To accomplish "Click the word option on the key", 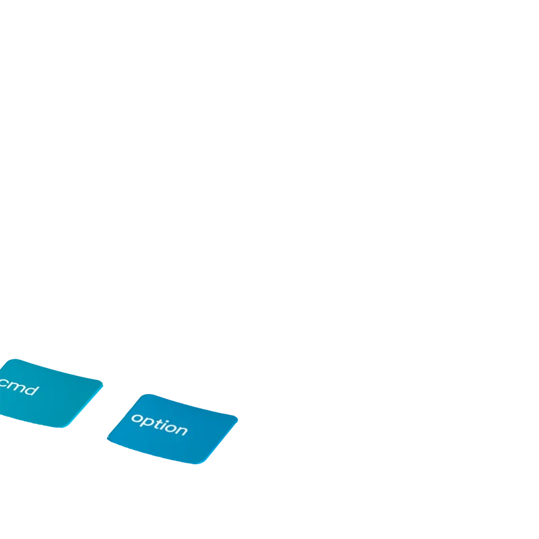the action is point(160,425).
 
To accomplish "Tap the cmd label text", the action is point(19,387).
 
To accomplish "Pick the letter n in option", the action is point(182,431).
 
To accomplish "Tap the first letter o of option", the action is point(137,418).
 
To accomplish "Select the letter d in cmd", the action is point(32,390).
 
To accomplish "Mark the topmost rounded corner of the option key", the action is point(148,395).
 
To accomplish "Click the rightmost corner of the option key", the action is point(236,418).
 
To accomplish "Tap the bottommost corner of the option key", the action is point(197,464).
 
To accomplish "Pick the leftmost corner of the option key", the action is point(108,438).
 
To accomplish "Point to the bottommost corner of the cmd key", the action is point(61,426).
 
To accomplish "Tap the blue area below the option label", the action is point(172,447).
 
